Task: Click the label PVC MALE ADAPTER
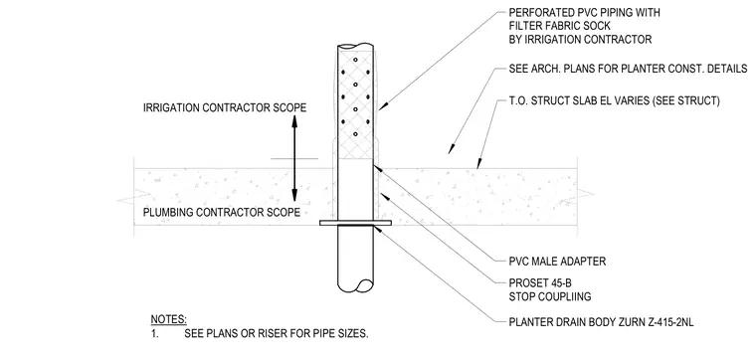click(x=557, y=262)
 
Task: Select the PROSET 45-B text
click(x=534, y=282)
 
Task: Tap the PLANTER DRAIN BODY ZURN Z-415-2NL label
click(x=601, y=322)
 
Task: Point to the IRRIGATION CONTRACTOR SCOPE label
click(x=225, y=107)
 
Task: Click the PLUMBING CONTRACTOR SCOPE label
click(x=222, y=212)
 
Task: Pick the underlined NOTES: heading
click(x=169, y=319)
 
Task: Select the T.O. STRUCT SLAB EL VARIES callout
click(x=615, y=101)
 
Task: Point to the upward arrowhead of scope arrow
click(x=294, y=121)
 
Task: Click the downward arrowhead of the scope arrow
click(x=294, y=195)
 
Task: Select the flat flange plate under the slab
click(x=356, y=223)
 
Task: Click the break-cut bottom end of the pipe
click(x=356, y=285)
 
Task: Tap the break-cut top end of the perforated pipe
click(x=356, y=47)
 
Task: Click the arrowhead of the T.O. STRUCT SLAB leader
click(x=478, y=164)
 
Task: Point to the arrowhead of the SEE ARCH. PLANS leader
click(x=452, y=149)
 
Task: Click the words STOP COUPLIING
click(x=550, y=296)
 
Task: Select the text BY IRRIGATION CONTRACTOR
click(x=581, y=40)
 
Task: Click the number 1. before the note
click(x=155, y=333)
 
